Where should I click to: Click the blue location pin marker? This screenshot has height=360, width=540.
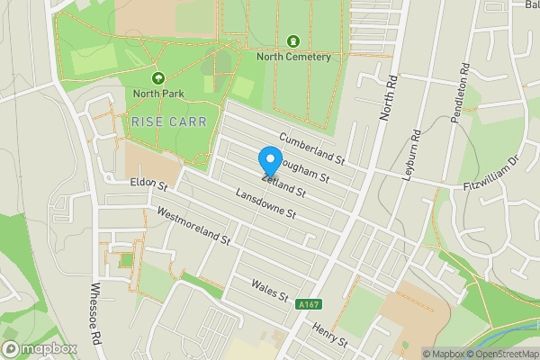point(269,160)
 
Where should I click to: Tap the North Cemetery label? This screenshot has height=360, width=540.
point(293,57)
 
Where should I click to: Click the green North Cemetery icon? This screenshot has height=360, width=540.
point(293,41)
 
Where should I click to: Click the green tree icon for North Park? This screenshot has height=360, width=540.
point(158,78)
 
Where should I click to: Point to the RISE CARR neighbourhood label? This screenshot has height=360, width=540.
point(168,121)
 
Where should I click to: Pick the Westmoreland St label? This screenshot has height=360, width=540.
point(193,228)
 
